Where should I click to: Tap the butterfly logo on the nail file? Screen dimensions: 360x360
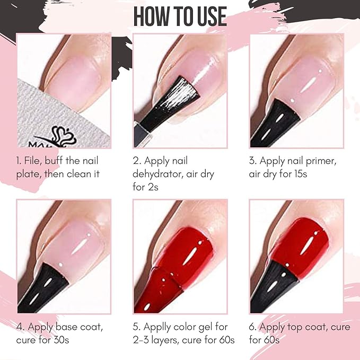point(64,136)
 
